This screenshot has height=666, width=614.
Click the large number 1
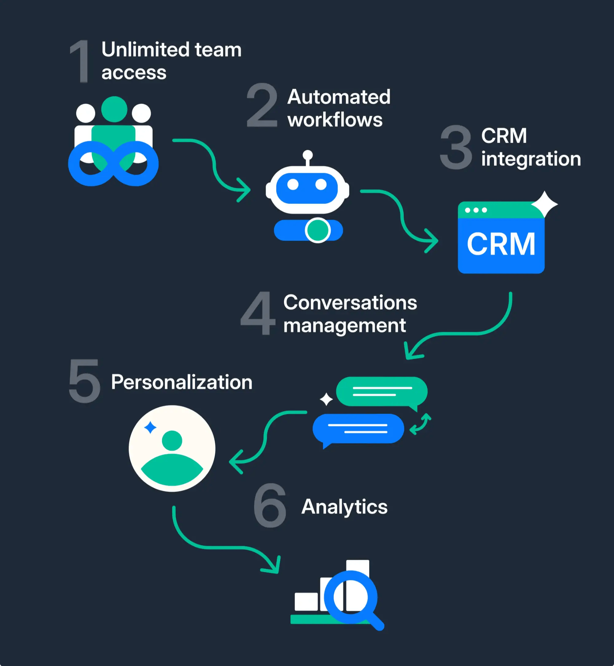pos(80,61)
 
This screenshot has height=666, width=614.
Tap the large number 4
pos(258,313)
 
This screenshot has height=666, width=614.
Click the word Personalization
pos(182,382)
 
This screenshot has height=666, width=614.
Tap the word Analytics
pos(344,507)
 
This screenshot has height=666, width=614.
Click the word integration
pos(531,159)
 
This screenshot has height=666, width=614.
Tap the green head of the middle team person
pos(114,109)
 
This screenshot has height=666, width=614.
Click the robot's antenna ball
pos(308,154)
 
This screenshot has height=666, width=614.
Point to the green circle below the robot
pos(318,230)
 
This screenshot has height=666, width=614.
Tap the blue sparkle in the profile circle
pos(150,427)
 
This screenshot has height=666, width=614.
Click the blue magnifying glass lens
pos(351,597)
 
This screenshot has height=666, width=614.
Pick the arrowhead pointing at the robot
pos(244,190)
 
